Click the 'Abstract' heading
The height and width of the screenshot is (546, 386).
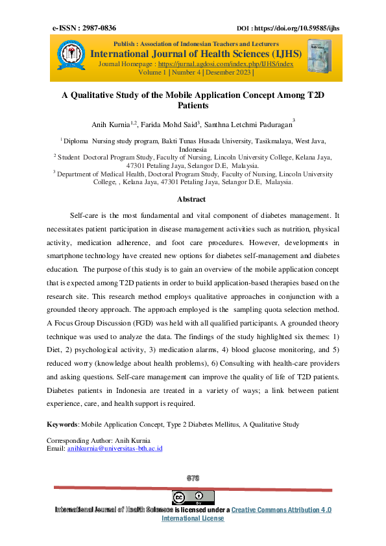191,199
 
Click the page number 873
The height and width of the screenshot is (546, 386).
193,478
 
